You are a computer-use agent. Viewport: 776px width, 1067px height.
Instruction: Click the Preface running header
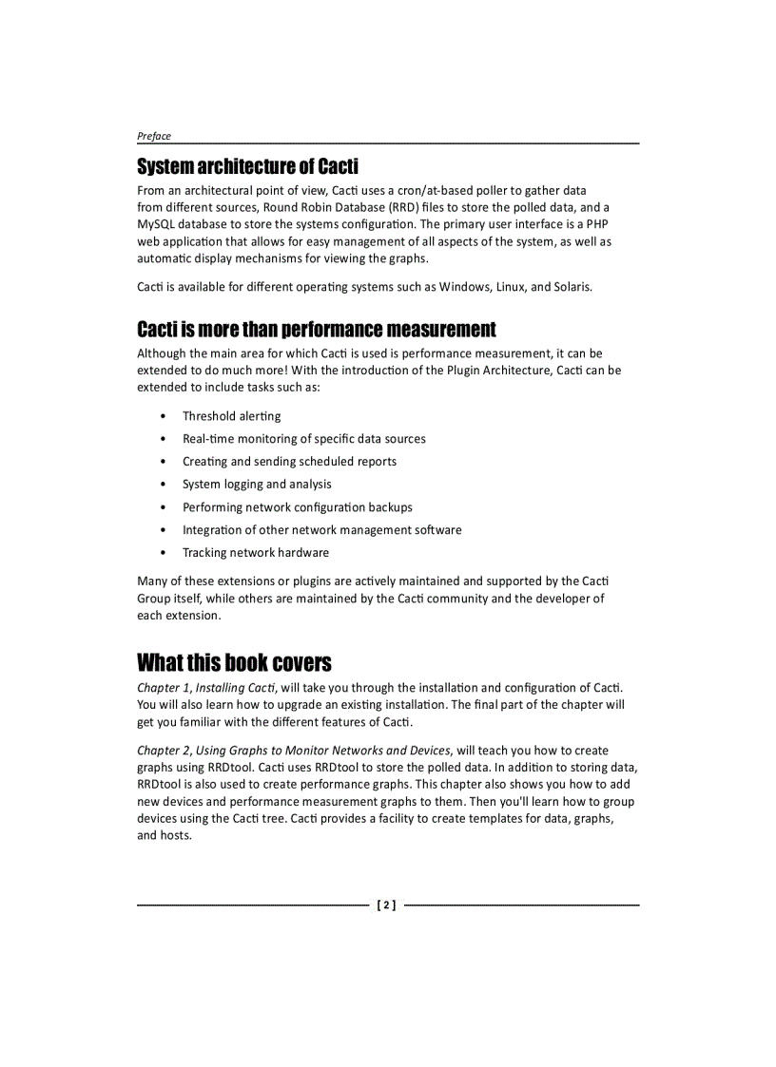[154, 136]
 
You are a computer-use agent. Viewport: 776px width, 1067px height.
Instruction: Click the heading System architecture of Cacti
[247, 167]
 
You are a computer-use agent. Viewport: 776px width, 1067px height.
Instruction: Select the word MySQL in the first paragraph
[157, 224]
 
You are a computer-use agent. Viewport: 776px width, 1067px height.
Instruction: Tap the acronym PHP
[597, 224]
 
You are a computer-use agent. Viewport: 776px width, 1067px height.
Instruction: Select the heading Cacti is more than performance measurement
[316, 330]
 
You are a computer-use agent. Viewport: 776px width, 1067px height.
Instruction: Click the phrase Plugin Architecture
[498, 370]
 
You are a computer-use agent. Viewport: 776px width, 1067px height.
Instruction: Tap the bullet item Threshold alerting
[231, 416]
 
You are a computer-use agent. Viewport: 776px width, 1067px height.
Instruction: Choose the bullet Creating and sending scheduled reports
[289, 462]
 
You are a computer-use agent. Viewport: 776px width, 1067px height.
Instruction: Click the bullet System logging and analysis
[257, 485]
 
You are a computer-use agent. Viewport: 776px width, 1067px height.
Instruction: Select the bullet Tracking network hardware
[256, 553]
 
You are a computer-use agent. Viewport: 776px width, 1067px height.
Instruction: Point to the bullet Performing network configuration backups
[297, 507]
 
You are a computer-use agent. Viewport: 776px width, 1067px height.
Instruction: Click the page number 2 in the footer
[387, 905]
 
